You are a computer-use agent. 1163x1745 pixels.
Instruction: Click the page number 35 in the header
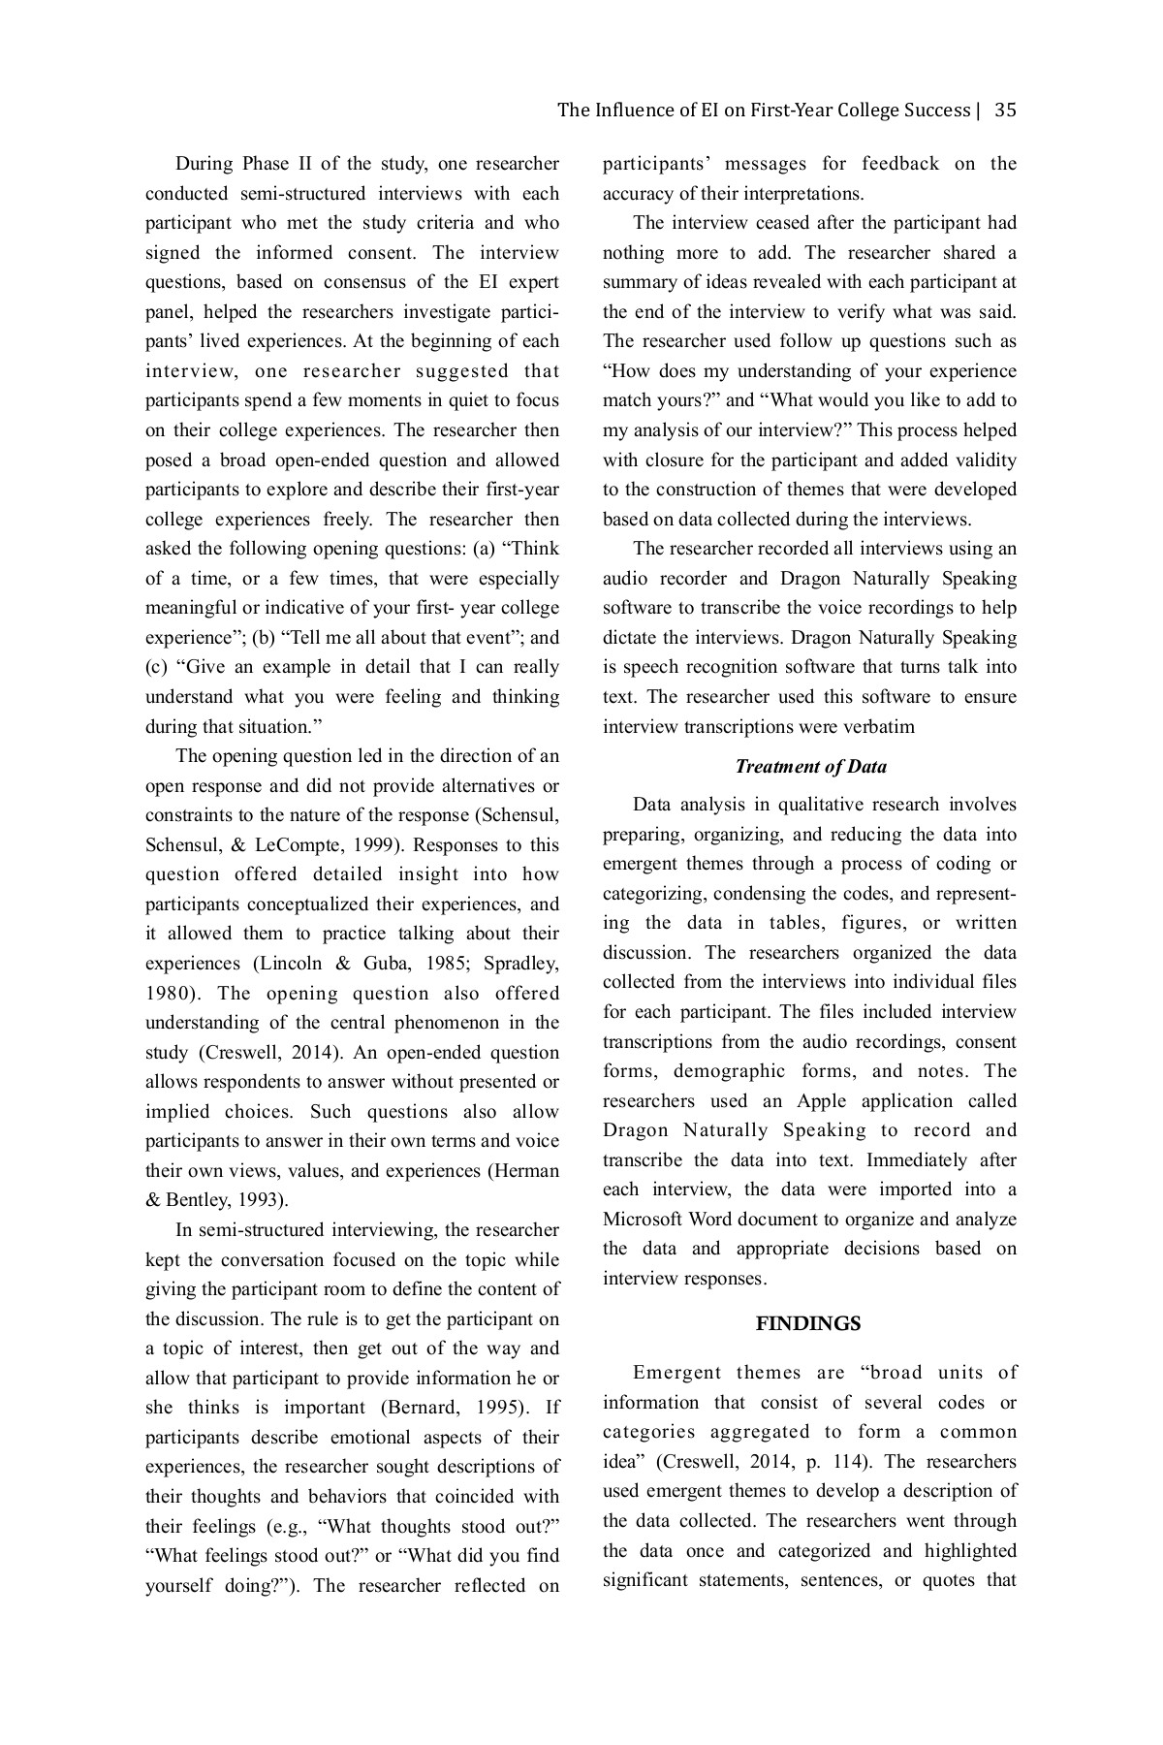pos(1005,110)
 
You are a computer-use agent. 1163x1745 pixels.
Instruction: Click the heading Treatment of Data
pos(810,767)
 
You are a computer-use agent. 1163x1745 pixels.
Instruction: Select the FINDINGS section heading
pos(808,1324)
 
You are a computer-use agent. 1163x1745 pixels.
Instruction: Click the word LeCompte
pos(293,844)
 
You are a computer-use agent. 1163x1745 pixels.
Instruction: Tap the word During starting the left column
pos(206,164)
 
